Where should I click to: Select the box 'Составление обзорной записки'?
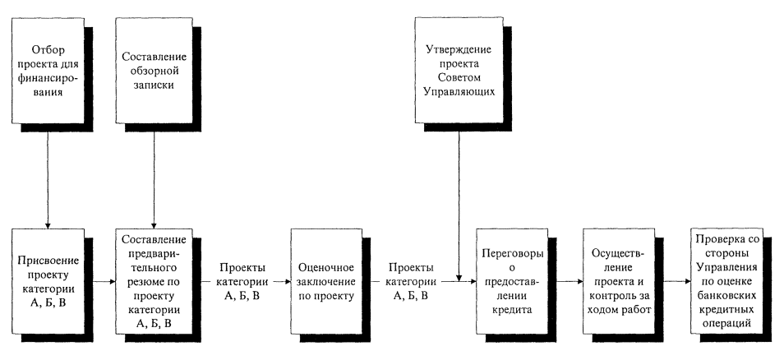[153, 69]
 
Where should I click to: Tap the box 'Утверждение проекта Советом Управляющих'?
[459, 69]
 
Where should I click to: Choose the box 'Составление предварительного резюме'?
[153, 280]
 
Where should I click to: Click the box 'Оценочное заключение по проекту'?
[325, 280]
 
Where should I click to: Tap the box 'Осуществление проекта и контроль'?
[619, 280]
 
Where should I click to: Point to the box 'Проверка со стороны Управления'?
[728, 280]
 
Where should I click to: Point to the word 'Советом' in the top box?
[459, 76]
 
